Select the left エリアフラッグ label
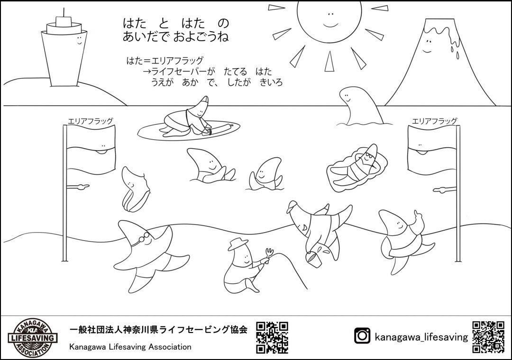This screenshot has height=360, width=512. click(x=91, y=121)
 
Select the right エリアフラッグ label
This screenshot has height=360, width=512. click(x=434, y=121)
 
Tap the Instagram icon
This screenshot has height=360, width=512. click(x=362, y=336)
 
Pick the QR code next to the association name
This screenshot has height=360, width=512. click(x=272, y=338)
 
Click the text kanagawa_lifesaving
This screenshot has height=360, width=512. click(x=421, y=336)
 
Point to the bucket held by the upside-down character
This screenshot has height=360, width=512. click(x=313, y=259)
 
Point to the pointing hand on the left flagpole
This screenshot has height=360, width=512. click(x=78, y=187)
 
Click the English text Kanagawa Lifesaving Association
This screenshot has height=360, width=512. click(x=130, y=347)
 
